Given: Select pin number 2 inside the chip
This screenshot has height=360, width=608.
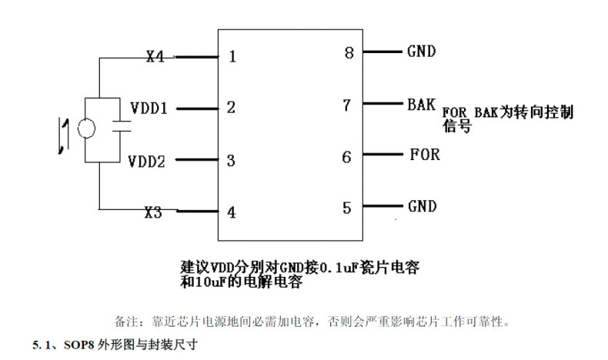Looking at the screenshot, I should pyautogui.click(x=231, y=108).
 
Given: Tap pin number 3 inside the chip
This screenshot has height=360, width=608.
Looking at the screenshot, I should pyautogui.click(x=231, y=162).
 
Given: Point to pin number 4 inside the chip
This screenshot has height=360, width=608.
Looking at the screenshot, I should pyautogui.click(x=231, y=212).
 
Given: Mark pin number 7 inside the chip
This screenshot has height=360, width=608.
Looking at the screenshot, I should pyautogui.click(x=347, y=104).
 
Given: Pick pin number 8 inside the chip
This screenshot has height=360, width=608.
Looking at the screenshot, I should pyautogui.click(x=349, y=53).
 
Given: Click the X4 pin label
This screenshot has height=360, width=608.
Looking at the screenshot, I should pyautogui.click(x=155, y=56).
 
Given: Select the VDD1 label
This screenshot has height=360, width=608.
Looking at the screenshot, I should pyautogui.click(x=149, y=108).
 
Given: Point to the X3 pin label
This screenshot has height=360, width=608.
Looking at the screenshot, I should pyautogui.click(x=153, y=212).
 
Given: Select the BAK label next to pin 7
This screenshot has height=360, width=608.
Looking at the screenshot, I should pyautogui.click(x=421, y=103).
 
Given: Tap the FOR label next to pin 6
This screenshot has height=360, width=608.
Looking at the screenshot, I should pyautogui.click(x=424, y=155).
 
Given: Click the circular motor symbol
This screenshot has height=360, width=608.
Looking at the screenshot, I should pyautogui.click(x=86, y=129).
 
